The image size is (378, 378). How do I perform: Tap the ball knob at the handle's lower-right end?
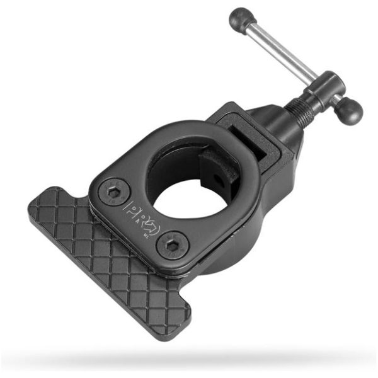[349, 111]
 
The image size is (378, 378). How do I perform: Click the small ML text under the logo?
[146, 225]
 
